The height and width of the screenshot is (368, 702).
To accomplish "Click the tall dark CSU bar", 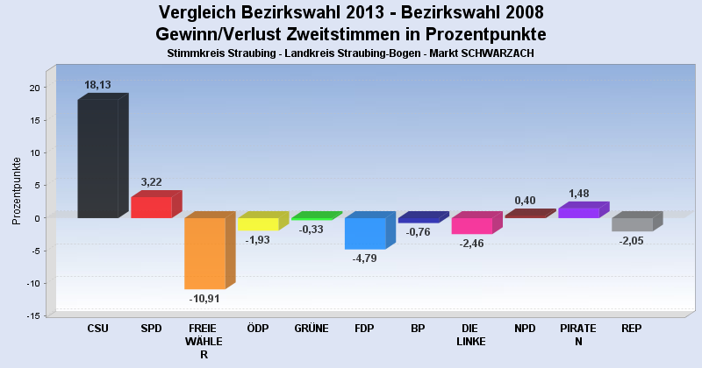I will [x=97, y=158].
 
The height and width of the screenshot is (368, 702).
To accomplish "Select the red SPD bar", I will [x=151, y=207].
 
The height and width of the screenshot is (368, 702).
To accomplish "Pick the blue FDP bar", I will [x=365, y=233].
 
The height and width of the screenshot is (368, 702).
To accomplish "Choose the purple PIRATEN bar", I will [x=578, y=212].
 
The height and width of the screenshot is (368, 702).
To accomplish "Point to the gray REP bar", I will [x=632, y=224].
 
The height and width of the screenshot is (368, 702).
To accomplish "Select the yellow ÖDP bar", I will [x=258, y=223].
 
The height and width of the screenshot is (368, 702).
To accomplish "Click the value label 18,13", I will [x=97, y=85].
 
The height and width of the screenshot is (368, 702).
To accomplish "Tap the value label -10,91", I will [x=204, y=298].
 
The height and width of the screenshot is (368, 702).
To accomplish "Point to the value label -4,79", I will [x=365, y=258].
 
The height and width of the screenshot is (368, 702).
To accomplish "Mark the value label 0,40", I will [x=525, y=201].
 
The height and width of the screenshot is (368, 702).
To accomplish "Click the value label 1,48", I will [x=578, y=193].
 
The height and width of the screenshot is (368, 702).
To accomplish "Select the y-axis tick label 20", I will [x=33, y=88].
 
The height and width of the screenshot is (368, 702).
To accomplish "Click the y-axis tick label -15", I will [x=32, y=315].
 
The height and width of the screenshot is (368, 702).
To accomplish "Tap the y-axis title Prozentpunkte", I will [x=17, y=191].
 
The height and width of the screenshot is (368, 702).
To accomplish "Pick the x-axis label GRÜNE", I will [x=312, y=329].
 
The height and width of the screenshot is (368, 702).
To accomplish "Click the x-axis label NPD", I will [x=525, y=329].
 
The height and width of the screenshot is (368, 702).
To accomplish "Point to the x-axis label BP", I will [x=418, y=329].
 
